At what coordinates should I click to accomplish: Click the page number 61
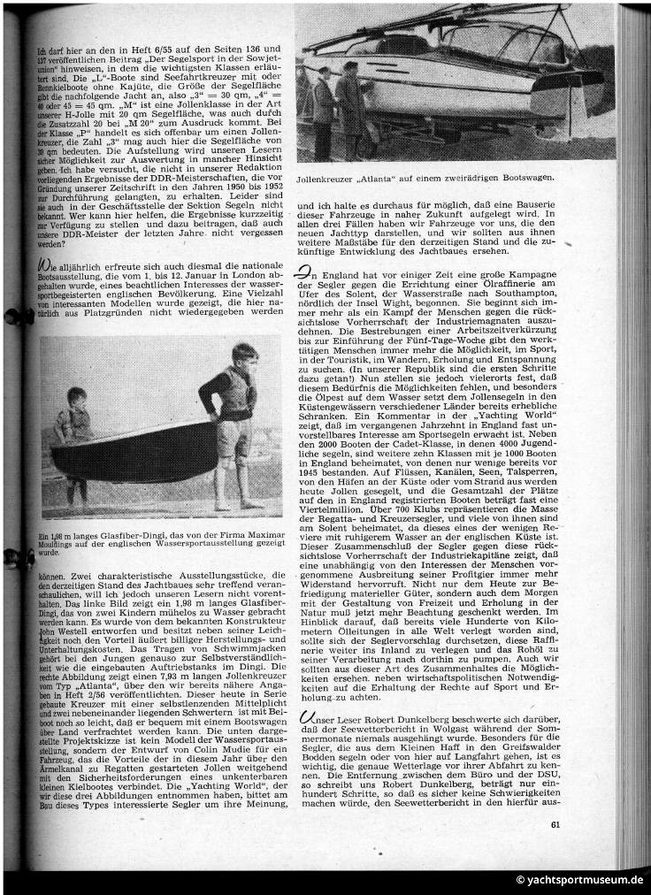[555, 826]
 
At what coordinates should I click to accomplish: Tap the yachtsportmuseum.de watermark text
[579, 880]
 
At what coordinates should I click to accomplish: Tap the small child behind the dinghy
[76, 420]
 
